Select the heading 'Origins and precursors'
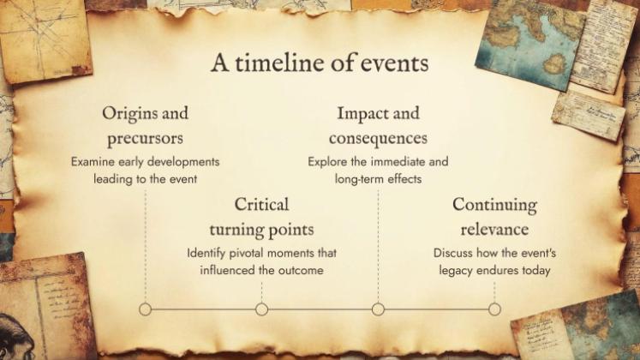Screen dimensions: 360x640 (145, 125)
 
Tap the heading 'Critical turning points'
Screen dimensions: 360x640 (261, 217)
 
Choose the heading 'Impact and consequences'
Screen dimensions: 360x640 (378, 125)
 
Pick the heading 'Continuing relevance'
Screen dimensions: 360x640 (494, 217)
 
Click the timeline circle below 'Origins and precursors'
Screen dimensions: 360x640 (145, 309)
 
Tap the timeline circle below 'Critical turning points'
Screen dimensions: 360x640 (261, 309)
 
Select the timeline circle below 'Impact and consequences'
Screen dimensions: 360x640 (378, 309)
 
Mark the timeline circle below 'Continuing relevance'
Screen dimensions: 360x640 (494, 309)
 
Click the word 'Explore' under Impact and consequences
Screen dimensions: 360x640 (327, 161)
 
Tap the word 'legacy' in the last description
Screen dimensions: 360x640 (456, 270)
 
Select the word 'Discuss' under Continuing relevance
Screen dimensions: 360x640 (454, 253)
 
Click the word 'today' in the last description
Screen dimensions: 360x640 (533, 270)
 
